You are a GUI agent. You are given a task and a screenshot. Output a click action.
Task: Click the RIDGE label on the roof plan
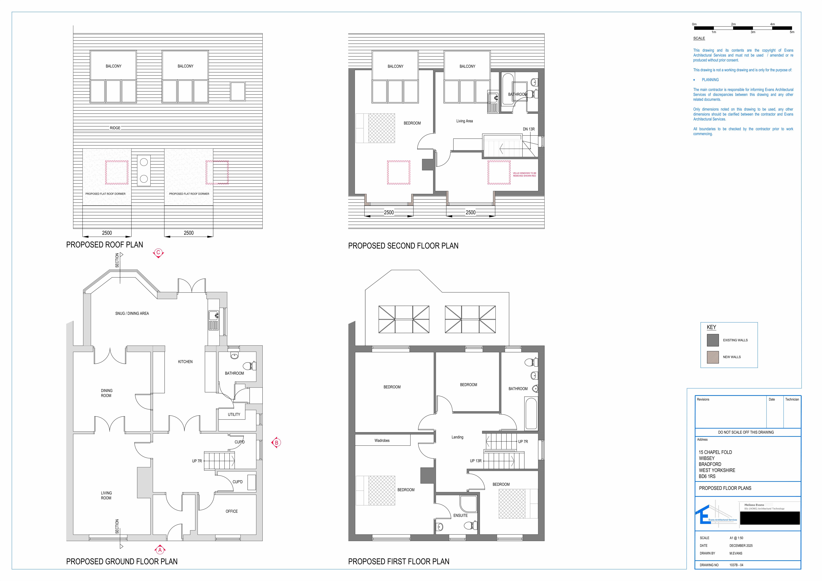115,128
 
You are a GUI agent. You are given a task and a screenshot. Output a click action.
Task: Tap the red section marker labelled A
160,550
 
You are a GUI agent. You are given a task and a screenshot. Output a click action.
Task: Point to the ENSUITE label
460,515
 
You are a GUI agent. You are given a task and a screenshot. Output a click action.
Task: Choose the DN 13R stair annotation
528,129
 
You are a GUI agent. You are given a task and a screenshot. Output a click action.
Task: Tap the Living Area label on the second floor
464,121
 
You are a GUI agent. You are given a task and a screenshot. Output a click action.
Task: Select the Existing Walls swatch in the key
712,340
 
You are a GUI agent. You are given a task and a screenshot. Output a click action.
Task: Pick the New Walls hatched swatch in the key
712,357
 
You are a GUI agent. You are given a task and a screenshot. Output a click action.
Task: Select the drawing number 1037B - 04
736,565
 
